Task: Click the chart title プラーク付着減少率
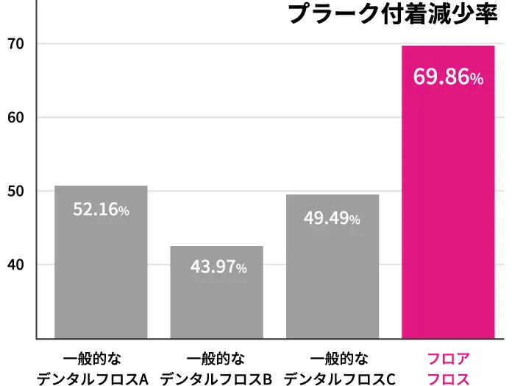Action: (x=393, y=15)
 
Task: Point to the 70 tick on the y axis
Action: (x=16, y=44)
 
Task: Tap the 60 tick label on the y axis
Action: (x=16, y=118)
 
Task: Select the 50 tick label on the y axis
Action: (x=16, y=192)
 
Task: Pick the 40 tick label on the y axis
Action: (x=16, y=265)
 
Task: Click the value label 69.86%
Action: (x=448, y=77)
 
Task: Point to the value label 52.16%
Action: (x=102, y=210)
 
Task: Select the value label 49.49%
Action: (x=333, y=218)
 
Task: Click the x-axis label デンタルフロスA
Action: (x=93, y=379)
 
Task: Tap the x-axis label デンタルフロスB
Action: (x=216, y=379)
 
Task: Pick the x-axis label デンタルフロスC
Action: (x=339, y=379)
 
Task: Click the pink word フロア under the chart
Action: (x=448, y=359)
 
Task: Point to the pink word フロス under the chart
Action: (x=448, y=379)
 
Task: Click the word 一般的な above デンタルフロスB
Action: (x=216, y=359)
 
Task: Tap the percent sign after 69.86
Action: (x=477, y=79)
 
